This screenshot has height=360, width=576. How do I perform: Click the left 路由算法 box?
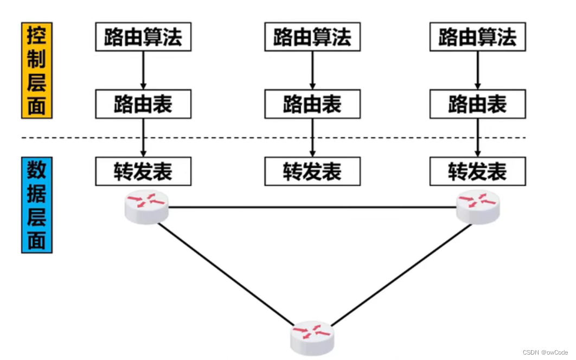(143, 37)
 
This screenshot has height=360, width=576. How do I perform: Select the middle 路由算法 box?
(312, 37)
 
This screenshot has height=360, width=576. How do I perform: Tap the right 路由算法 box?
(477, 37)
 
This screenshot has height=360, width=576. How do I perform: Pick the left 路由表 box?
(143, 104)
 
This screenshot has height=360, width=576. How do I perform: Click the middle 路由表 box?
(312, 104)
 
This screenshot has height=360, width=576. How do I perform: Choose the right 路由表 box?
(477, 104)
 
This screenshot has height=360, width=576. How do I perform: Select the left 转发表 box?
(143, 171)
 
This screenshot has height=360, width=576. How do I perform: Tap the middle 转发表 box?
(312, 171)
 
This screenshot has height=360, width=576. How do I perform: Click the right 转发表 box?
(477, 171)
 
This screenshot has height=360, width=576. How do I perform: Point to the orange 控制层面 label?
(36, 70)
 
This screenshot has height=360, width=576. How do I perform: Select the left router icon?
(146, 207)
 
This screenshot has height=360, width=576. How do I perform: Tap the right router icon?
(478, 207)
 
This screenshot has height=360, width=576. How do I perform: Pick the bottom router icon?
(312, 337)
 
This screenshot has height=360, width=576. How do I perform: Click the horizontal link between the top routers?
(312, 207)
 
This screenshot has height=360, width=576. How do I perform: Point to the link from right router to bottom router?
(399, 274)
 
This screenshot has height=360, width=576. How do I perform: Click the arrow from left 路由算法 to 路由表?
(143, 70)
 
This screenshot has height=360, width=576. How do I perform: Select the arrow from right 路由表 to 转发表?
(477, 138)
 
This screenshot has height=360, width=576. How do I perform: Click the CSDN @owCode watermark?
(545, 352)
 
